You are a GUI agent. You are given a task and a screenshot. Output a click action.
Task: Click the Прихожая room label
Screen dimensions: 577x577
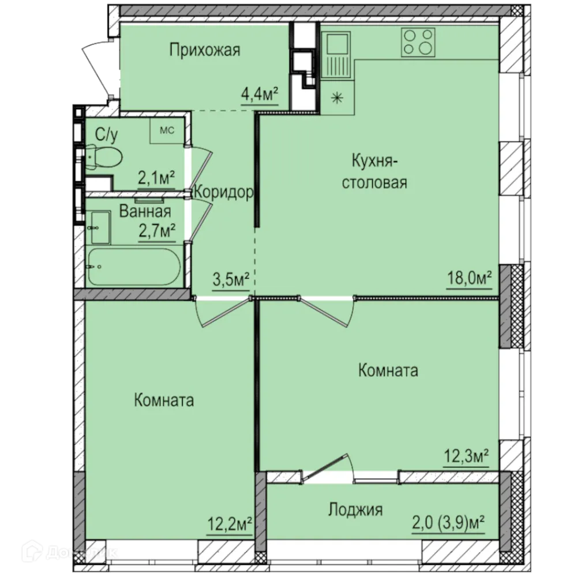(x=204, y=51)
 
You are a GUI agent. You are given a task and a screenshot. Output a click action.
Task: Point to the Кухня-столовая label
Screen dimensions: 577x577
(x=374, y=171)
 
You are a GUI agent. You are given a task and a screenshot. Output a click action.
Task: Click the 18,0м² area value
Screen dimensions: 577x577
(x=469, y=279)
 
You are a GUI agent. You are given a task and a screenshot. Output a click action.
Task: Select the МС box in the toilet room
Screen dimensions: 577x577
(x=166, y=130)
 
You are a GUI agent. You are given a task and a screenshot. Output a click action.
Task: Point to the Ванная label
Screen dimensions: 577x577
(x=145, y=211)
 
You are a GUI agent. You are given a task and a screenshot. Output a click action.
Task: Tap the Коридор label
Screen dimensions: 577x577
(x=223, y=193)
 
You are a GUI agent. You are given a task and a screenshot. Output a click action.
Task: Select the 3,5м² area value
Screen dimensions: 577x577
(x=230, y=281)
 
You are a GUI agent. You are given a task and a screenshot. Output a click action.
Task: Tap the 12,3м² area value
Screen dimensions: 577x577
(x=466, y=458)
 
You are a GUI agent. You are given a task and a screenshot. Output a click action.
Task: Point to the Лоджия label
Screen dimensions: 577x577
(x=355, y=509)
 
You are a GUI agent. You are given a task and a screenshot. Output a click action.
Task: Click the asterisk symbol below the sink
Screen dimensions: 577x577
(x=336, y=97)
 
